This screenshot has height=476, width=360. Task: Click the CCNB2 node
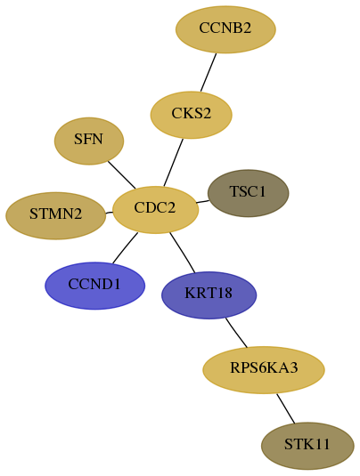pyautogui.click(x=225, y=29)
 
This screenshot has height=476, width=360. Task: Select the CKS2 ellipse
pyautogui.click(x=192, y=115)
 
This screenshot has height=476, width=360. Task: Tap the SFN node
pyautogui.click(x=89, y=141)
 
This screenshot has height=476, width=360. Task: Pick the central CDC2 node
pyautogui.click(x=155, y=210)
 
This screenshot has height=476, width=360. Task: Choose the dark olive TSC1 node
pyautogui.click(x=248, y=193)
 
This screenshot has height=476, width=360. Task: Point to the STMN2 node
pyautogui.click(x=56, y=215)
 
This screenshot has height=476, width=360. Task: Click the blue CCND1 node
pyautogui.click(x=94, y=286)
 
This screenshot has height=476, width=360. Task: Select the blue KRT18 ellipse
pyautogui.click(x=209, y=295)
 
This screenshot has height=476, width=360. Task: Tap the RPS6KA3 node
pyautogui.click(x=264, y=370)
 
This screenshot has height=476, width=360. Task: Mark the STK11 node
pyautogui.click(x=307, y=446)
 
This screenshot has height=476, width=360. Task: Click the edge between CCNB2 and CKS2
pyautogui.click(x=209, y=72)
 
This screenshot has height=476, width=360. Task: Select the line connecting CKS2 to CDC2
pyautogui.click(x=173, y=163)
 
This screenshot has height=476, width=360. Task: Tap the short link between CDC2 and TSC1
pyautogui.click(x=202, y=202)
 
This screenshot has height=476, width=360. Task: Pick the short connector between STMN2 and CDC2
pyautogui.click(x=109, y=213)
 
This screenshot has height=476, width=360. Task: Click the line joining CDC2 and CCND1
pyautogui.click(x=125, y=248)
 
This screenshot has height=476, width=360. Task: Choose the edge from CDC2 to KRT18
pyautogui.click(x=182, y=253)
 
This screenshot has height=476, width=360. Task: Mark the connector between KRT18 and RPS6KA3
pyautogui.click(x=236, y=333)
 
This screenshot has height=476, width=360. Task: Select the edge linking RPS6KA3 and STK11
pyautogui.click(x=285, y=408)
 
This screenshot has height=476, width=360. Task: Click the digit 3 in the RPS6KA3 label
pyautogui.click(x=294, y=368)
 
